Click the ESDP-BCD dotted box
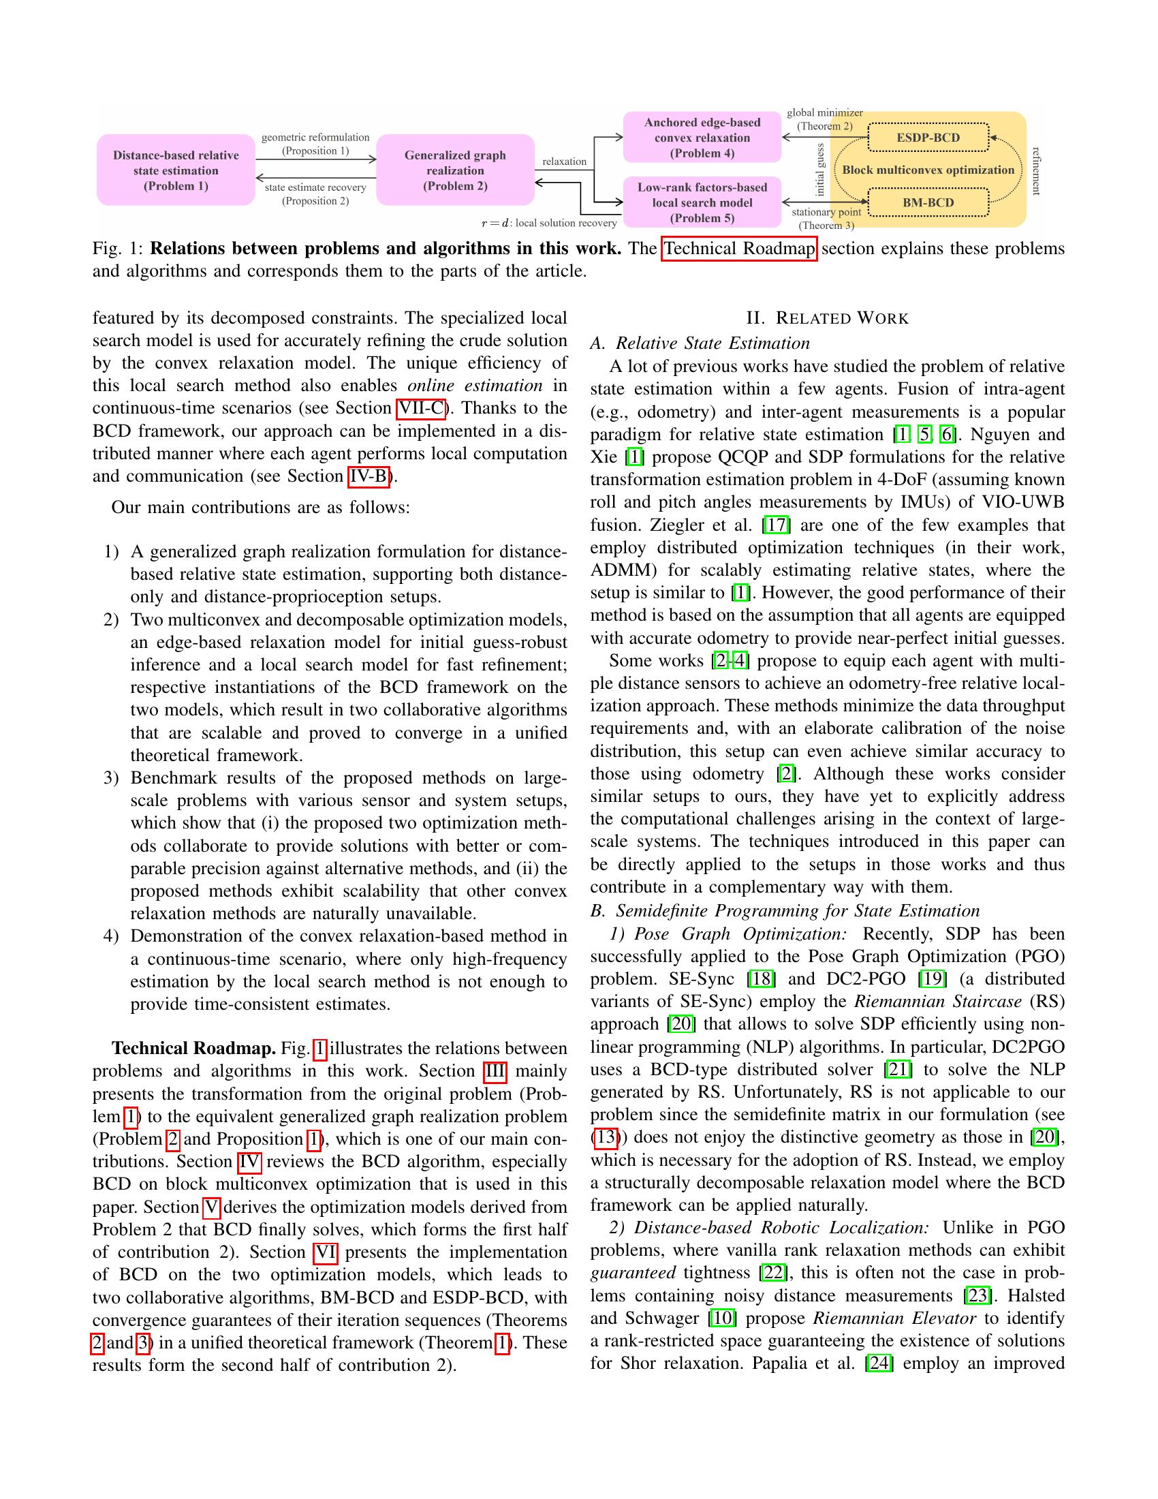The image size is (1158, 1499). pos(928,137)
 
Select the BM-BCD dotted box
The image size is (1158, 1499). pos(928,202)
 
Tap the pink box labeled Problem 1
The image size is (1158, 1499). pos(176,170)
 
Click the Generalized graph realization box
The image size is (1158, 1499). pos(455,170)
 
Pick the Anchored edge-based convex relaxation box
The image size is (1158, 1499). pos(702,137)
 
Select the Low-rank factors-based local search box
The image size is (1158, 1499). pos(702,202)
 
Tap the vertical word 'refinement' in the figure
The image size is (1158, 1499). pos(1036,170)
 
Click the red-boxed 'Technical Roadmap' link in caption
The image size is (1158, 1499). pos(739,249)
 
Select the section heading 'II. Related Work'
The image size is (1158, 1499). pos(827,318)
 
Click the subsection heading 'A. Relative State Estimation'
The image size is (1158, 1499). pos(700,343)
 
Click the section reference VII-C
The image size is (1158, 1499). pos(420,408)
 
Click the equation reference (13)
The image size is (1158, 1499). pos(605,1137)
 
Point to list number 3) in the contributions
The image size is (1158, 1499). pos(112,778)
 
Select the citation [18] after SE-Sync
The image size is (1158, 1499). pos(760,978)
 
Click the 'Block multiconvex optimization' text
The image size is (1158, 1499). pos(928,170)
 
